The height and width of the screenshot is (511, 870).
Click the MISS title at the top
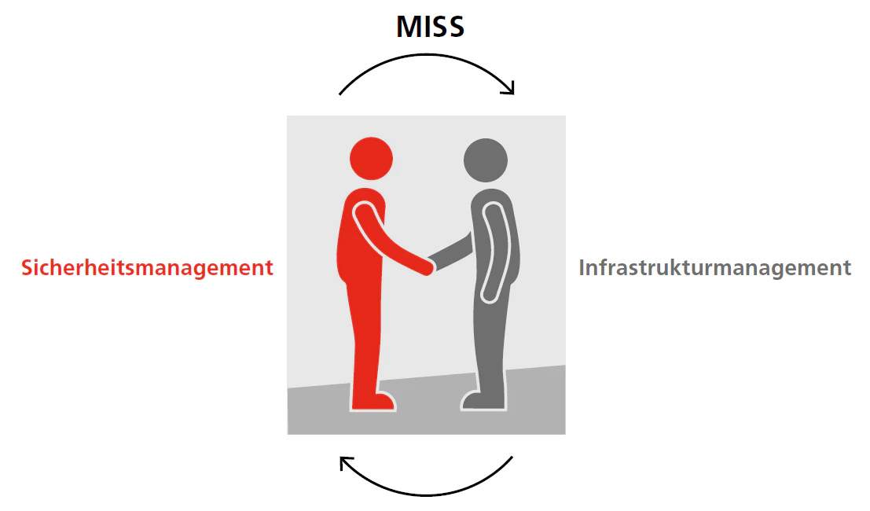click(x=430, y=28)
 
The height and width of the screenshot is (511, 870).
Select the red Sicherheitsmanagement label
click(x=148, y=267)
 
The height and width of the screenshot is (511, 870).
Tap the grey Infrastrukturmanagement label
click(x=714, y=267)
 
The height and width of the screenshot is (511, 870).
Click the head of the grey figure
click(x=485, y=160)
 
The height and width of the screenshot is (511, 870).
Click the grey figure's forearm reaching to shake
click(x=453, y=252)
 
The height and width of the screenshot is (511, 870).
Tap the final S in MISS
click(x=455, y=28)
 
